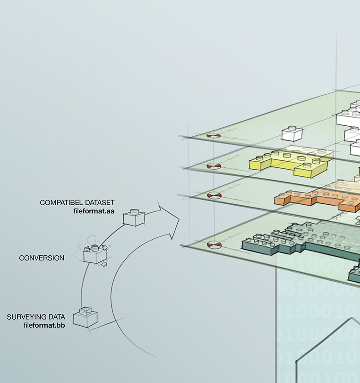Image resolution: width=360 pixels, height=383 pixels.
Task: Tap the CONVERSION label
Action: click(42, 258)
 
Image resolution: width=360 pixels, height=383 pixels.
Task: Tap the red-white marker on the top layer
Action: click(214, 136)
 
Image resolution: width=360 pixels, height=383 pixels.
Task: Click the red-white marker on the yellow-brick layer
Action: click(214, 167)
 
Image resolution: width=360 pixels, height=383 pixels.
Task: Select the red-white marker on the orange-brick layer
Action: click(214, 195)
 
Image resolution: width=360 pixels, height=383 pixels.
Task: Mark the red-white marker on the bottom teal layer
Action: click(214, 244)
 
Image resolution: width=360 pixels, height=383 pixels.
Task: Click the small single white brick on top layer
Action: click(291, 134)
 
